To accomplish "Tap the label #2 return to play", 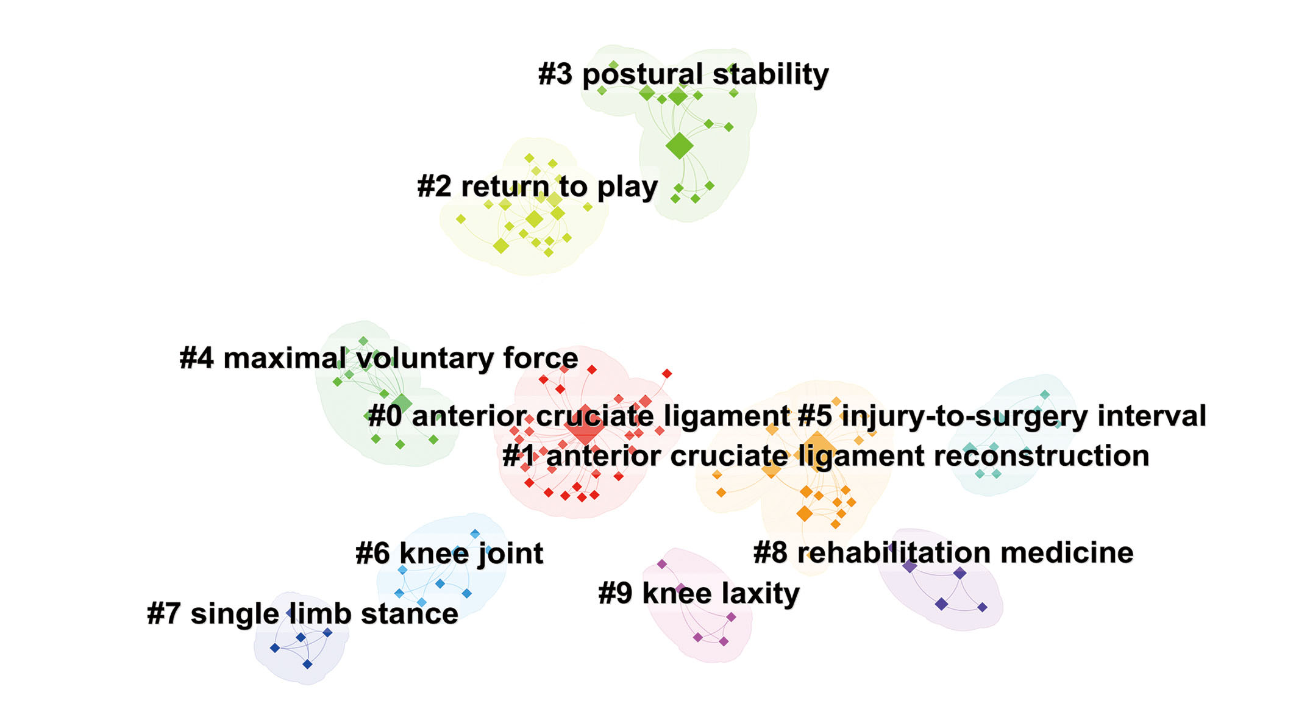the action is point(538,187).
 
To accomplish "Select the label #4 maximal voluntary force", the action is point(379,359).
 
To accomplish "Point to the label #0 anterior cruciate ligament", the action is point(579,416).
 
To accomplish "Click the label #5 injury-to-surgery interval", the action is point(1002,416).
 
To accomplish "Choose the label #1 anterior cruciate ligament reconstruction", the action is point(826,456).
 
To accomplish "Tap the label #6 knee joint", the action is point(449,554).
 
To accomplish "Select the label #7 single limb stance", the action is point(303,614).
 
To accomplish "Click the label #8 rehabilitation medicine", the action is point(944,553).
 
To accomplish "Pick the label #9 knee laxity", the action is point(699,594).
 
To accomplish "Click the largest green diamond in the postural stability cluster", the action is point(679,146).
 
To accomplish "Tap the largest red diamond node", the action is point(585,425).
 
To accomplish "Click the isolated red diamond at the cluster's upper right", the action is point(667,373).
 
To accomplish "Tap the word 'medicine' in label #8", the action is point(1067,553).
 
